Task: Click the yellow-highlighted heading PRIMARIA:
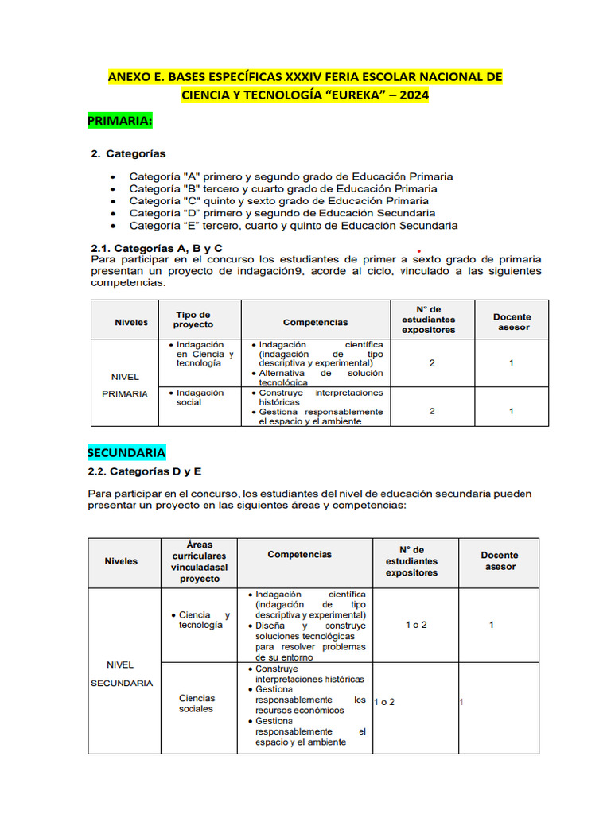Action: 119,121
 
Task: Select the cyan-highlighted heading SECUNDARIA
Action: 126,452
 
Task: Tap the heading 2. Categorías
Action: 128,153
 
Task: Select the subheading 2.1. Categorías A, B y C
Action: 156,249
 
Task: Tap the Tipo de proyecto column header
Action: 193,320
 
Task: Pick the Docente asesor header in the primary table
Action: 512,321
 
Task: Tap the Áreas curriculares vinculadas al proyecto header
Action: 199,562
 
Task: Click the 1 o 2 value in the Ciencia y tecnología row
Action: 416,625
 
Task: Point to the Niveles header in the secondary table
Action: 121,561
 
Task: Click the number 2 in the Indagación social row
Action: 432,411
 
